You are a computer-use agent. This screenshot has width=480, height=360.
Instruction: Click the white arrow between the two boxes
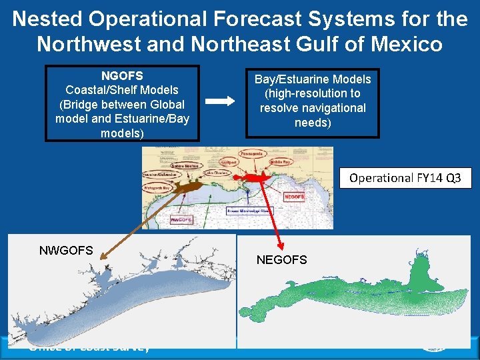click(220, 101)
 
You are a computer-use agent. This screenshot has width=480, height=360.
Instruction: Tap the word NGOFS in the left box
click(122, 76)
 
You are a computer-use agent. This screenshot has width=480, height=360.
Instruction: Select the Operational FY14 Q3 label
click(405, 178)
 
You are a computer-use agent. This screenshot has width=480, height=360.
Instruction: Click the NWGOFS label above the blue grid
click(66, 251)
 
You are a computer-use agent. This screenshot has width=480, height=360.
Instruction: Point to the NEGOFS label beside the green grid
click(282, 260)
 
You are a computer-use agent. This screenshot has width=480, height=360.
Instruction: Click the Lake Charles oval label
click(217, 173)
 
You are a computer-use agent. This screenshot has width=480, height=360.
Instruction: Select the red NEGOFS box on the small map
click(294, 197)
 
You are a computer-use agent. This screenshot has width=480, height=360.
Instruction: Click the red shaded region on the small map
click(253, 177)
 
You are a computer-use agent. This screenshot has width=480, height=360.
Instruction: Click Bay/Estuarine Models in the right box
click(313, 79)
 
